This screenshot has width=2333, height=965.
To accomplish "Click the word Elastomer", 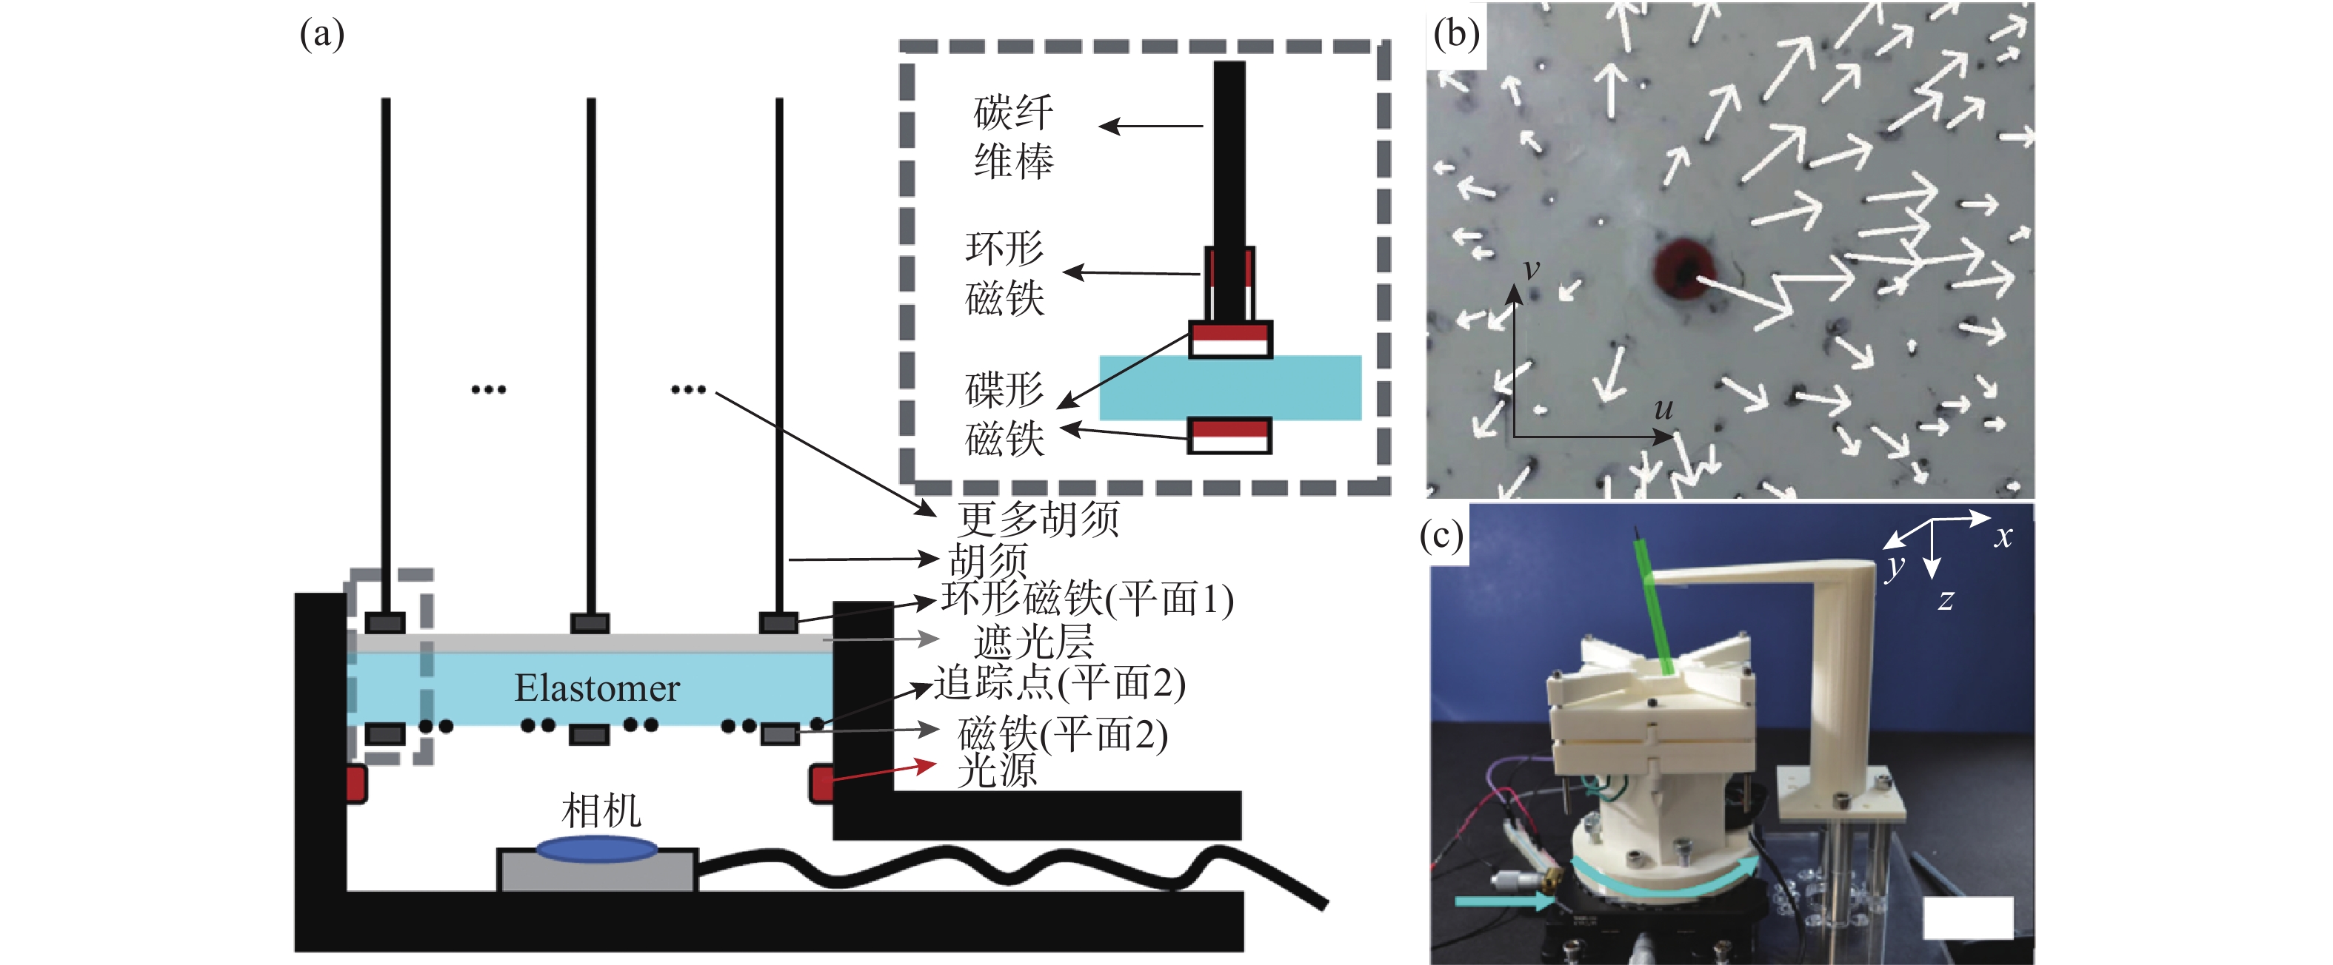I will [597, 689].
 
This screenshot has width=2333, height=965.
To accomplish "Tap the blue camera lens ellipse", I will [598, 849].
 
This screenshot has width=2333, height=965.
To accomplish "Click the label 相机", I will [601, 810].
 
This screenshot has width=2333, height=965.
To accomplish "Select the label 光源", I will [996, 770].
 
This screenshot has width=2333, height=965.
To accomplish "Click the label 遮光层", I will [1033, 642].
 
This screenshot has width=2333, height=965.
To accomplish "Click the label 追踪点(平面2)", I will [1060, 684].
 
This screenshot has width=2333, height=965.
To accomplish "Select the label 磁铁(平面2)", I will [1062, 734].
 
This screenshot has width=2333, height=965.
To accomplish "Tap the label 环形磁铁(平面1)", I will [1087, 599].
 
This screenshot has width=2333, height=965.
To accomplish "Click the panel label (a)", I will [321, 34].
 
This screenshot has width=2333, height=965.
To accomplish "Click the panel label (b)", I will [1456, 33].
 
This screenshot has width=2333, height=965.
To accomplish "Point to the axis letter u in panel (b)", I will [1663, 409].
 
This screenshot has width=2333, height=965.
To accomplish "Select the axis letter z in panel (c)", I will [1946, 599].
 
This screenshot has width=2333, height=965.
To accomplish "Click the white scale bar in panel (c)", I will [1967, 918].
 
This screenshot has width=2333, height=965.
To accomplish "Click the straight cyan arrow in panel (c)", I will [1503, 901].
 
